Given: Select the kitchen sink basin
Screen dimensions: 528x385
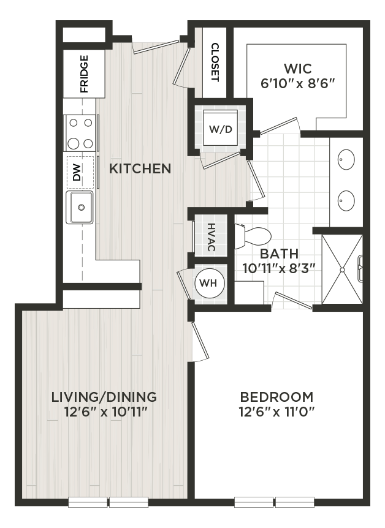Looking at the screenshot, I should [80, 207].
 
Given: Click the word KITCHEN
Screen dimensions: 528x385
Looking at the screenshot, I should [140, 168].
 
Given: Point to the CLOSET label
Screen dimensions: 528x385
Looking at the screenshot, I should [215, 62].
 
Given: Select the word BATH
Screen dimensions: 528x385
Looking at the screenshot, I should [279, 253].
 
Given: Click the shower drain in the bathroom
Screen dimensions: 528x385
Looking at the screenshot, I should [343, 270].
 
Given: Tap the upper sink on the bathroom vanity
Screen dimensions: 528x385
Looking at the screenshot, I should [346, 160].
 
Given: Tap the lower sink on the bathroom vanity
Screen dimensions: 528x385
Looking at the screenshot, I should [346, 200].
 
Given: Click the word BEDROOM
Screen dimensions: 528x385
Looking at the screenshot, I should [276, 396].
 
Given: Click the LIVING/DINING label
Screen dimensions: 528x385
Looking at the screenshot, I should [104, 396].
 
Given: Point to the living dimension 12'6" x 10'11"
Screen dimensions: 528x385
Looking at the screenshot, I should [104, 412].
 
